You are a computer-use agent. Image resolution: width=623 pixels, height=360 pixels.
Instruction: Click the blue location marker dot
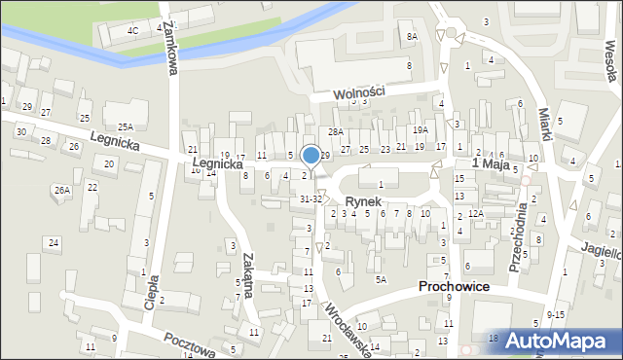(311, 155)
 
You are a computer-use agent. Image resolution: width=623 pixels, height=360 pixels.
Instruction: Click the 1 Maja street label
(492, 165)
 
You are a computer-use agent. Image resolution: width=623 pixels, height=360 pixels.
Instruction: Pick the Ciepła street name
(152, 289)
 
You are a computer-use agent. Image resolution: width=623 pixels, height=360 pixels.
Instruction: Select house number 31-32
(311, 198)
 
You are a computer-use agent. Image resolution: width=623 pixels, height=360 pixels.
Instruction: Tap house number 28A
(336, 131)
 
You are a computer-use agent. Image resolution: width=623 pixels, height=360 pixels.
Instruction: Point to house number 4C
(133, 30)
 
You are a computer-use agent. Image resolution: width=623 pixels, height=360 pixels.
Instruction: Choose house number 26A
(62, 190)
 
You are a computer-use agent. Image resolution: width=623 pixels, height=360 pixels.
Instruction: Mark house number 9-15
(556, 314)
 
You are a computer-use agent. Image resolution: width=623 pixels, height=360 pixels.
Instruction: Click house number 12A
(475, 213)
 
